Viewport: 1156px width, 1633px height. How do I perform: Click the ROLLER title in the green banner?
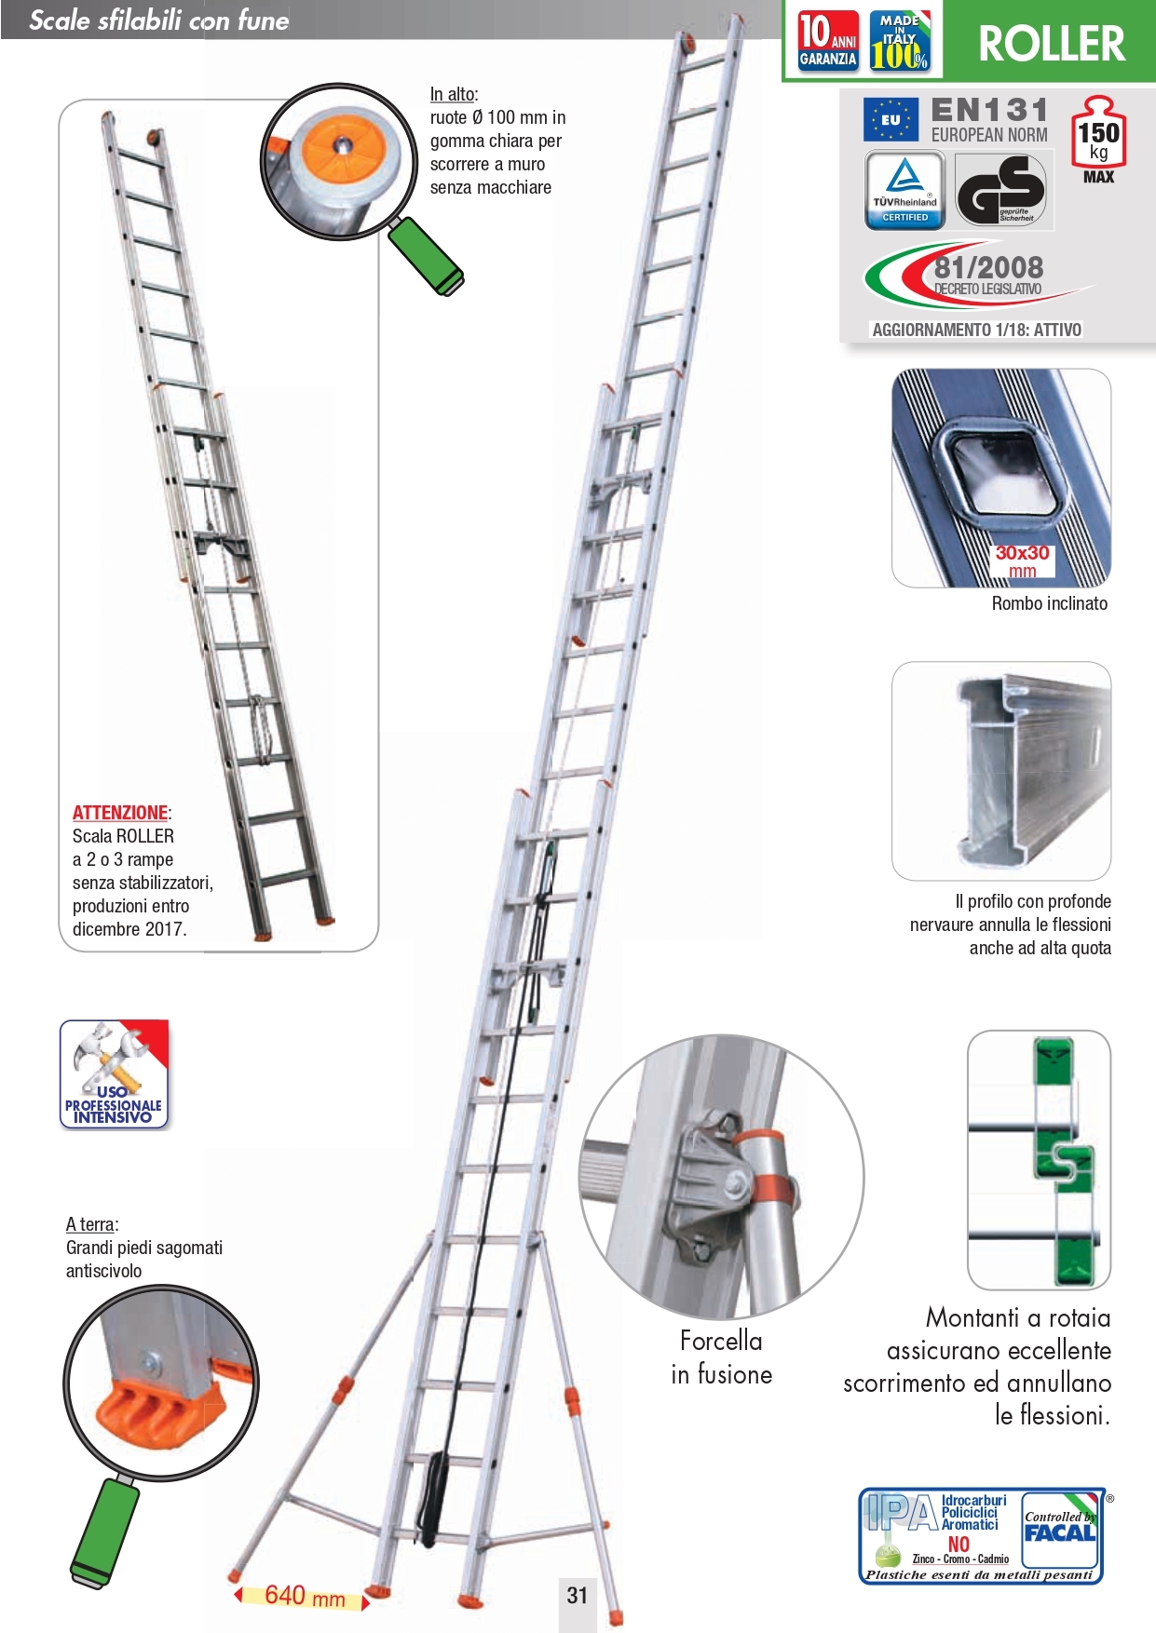[x=1051, y=44]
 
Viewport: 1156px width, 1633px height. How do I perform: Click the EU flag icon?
[x=891, y=119]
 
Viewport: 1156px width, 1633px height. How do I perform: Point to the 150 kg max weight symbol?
[x=1098, y=139]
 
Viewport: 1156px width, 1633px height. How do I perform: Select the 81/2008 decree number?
[x=988, y=268]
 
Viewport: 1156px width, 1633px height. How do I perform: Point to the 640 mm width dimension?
[x=304, y=1596]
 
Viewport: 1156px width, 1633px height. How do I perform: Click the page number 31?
[x=578, y=1595]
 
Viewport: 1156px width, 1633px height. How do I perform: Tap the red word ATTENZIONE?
[x=120, y=813]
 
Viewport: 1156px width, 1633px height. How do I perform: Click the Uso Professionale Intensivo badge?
[x=114, y=1074]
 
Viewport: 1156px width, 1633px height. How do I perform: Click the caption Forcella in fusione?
[x=721, y=1357]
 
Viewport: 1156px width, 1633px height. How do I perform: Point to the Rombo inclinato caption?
[x=1049, y=603]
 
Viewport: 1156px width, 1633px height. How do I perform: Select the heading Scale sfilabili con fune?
[x=159, y=20]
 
